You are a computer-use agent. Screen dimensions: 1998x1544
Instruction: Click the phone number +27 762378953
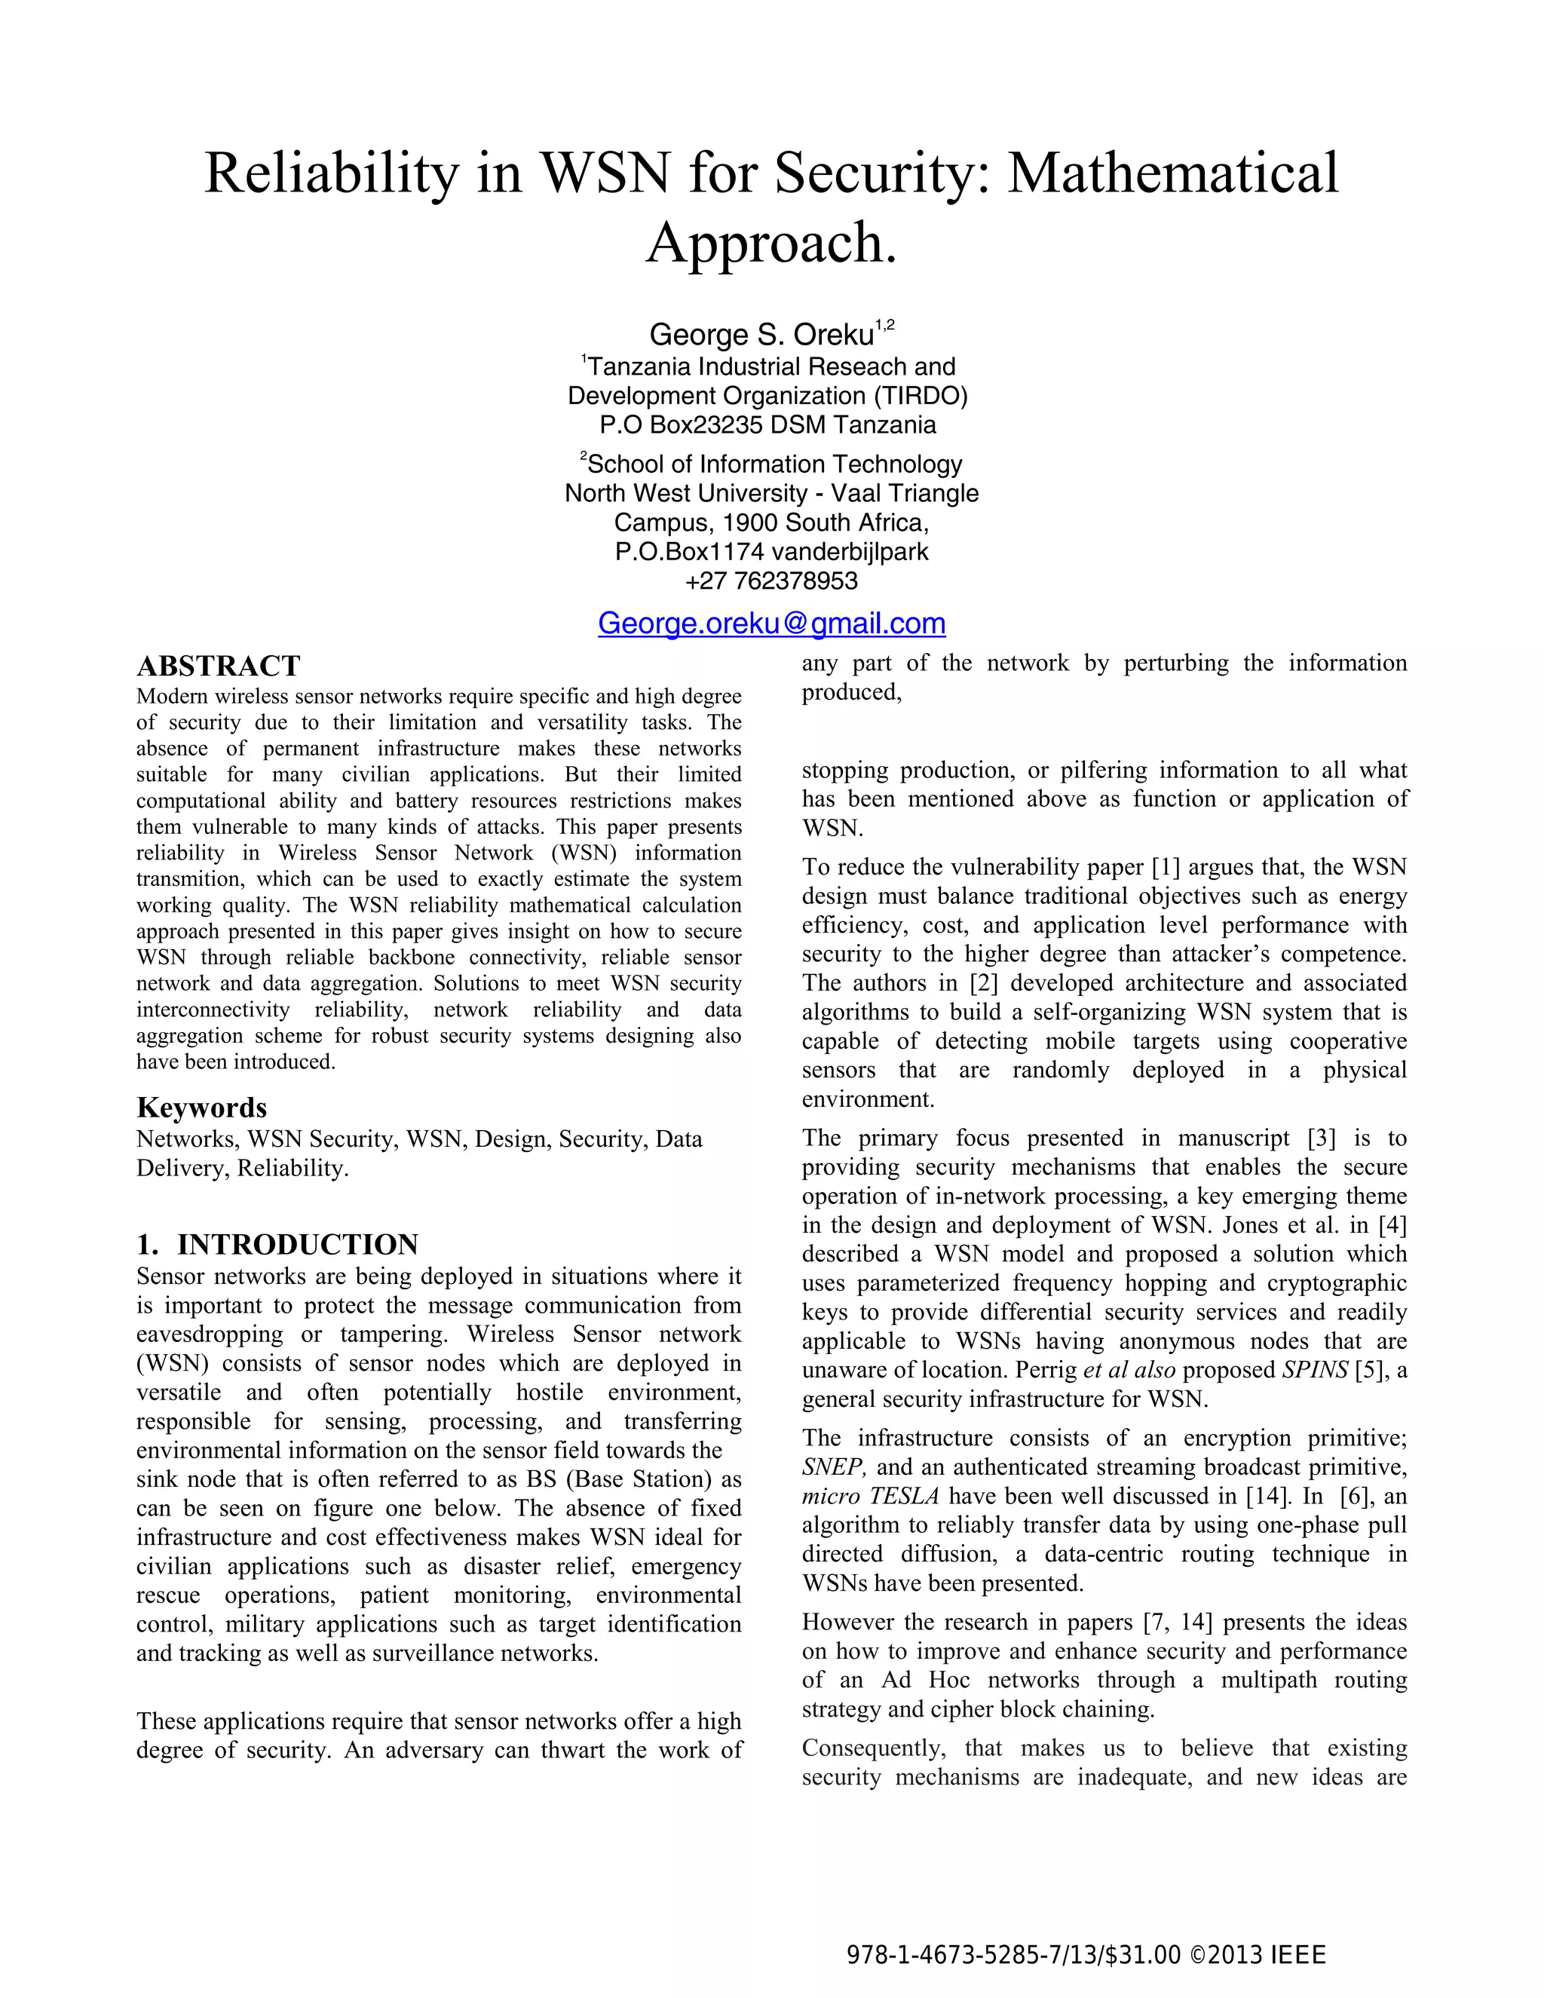[x=771, y=581]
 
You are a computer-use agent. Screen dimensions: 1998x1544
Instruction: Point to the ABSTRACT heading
[x=218, y=665]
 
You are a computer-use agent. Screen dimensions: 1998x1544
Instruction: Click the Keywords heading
[x=201, y=1107]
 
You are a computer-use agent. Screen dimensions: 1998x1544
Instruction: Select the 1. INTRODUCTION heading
[x=277, y=1244]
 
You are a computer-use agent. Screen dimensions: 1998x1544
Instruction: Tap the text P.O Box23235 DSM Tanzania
[x=767, y=425]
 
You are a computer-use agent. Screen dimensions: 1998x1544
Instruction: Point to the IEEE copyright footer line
[x=1086, y=1955]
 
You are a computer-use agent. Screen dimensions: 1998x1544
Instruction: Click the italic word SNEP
[x=832, y=1466]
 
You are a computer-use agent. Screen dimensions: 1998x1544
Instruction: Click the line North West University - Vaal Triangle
[x=771, y=493]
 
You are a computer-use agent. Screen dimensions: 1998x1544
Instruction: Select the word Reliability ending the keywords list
[x=292, y=1168]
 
